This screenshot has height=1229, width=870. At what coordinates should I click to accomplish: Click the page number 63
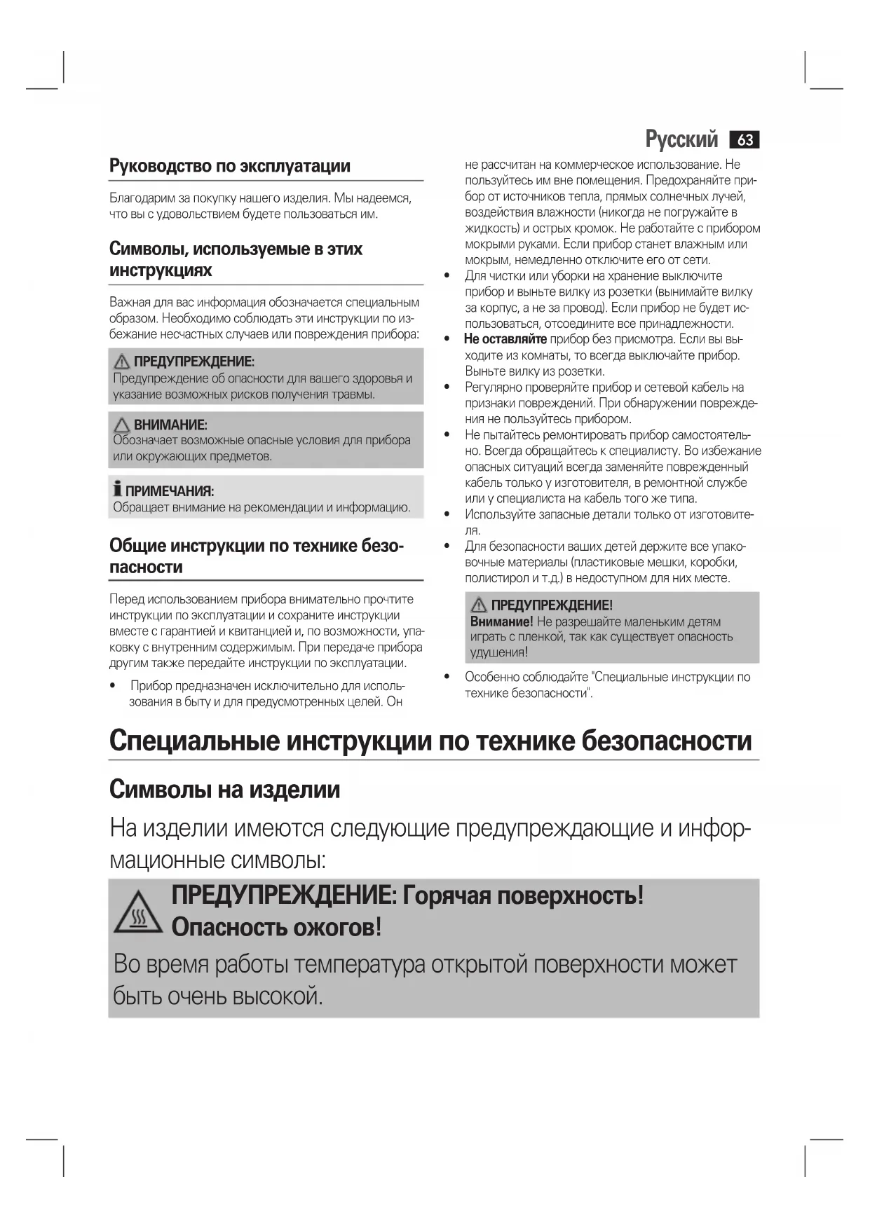click(x=745, y=140)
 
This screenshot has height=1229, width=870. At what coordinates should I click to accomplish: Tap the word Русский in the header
click(x=681, y=140)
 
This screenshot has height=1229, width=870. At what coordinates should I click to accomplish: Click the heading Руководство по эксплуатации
click(x=230, y=166)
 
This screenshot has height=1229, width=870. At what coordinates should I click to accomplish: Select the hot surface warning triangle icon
click(x=138, y=914)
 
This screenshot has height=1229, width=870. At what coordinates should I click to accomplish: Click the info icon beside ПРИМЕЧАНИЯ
click(x=118, y=489)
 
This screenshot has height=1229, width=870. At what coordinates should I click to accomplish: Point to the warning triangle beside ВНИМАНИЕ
click(x=122, y=425)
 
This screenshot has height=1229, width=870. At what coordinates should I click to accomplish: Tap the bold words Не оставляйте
click(x=505, y=340)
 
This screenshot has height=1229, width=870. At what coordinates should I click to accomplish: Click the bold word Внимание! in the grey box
click(x=501, y=622)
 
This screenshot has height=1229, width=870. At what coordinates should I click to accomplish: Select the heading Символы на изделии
click(x=224, y=790)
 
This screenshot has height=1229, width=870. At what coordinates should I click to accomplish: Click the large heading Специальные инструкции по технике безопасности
click(x=430, y=741)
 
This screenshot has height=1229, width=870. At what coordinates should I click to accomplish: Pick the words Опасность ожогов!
click(x=276, y=927)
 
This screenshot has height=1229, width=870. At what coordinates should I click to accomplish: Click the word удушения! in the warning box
click(x=498, y=652)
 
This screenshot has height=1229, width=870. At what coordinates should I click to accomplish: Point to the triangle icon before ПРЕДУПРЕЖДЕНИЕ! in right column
click(x=479, y=605)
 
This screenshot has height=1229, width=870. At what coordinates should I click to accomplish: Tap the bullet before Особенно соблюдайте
click(x=447, y=677)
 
